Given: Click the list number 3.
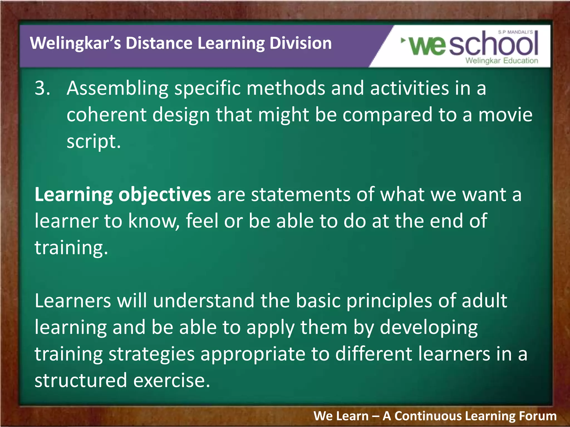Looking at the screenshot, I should pos(42,88).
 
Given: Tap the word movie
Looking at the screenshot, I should pos(505,115).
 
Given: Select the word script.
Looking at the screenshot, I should pos(93,141).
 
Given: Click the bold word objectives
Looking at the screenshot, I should pos(164,195).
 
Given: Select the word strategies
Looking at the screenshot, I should pos(151,354).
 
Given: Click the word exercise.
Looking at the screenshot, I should pos(171,381).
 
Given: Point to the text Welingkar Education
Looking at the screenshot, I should pos(502,61).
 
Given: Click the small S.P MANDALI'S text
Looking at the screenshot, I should pos(515,32).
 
